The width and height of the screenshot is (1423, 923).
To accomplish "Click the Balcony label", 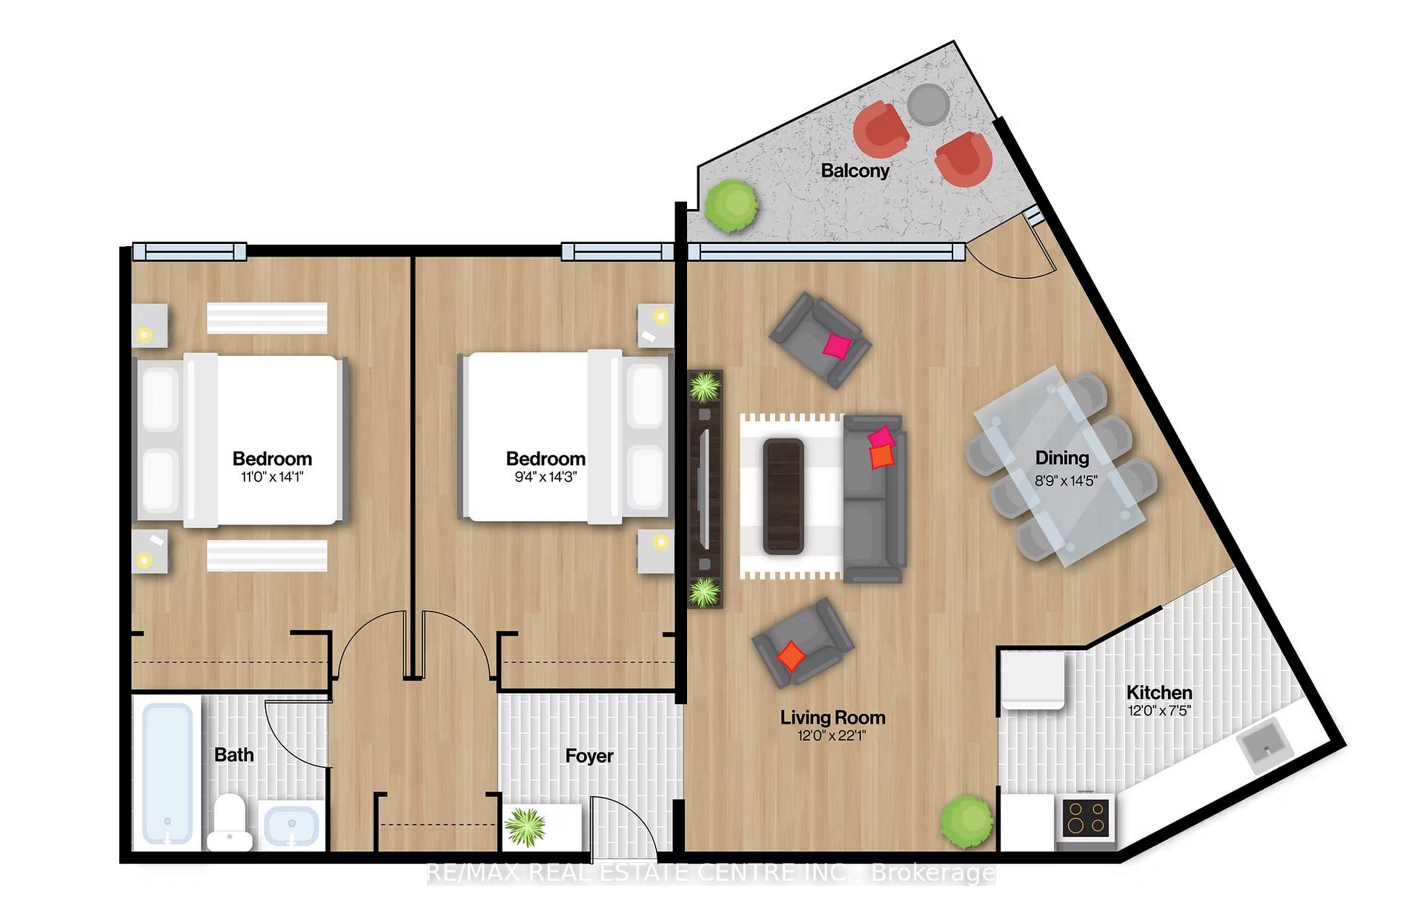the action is [855, 171].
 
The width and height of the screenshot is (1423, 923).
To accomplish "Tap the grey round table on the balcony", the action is [929, 105].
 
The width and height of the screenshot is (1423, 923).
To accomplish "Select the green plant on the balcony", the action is [732, 205].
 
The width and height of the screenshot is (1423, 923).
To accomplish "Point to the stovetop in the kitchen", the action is [1086, 818].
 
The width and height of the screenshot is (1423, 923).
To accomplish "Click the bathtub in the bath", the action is [167, 774].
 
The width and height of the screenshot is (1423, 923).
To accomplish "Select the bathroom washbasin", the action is [292, 825].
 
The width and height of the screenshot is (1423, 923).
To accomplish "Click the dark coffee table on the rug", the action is [783, 496].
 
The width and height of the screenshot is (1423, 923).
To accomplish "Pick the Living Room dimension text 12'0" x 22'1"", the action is [832, 736].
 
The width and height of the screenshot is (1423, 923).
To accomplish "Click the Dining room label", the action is [1062, 458].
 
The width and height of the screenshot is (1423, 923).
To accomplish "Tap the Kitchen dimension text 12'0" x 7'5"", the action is [1159, 710].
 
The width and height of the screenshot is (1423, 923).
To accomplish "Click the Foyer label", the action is [589, 756].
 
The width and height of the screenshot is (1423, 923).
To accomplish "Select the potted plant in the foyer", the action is [525, 827].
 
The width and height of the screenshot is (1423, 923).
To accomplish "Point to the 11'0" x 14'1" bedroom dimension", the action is [272, 477].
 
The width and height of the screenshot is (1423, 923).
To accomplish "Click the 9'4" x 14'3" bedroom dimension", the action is [545, 477].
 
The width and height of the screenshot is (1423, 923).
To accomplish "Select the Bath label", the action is [234, 755].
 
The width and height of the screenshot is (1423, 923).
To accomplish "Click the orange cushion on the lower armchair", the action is [792, 655].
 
